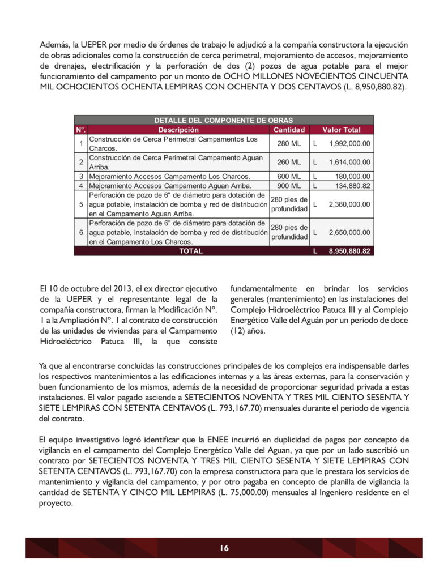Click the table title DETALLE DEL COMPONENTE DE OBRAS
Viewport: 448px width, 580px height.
(224, 120)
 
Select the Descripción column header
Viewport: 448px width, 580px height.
(178, 130)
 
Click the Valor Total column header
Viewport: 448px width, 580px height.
(342, 130)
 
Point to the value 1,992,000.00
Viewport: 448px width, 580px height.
(349, 143)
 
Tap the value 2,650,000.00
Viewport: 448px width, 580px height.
(349, 232)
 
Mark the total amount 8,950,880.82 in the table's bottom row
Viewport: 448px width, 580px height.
(349, 251)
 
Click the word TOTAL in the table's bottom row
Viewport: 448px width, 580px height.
(190, 251)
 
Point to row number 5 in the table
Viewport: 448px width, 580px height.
(81, 204)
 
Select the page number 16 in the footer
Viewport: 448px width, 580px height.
(224, 548)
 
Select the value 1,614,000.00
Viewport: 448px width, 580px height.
(349, 162)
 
